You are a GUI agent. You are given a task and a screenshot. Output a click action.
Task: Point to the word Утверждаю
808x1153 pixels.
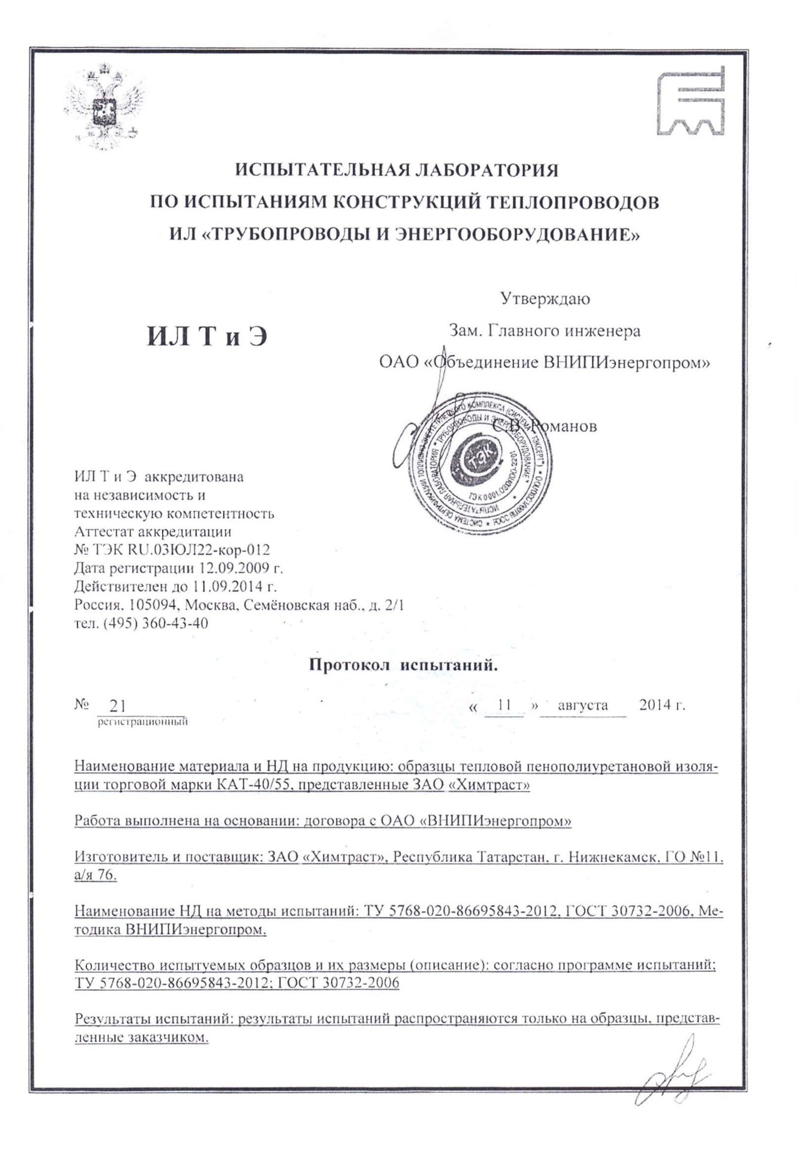pos(545,298)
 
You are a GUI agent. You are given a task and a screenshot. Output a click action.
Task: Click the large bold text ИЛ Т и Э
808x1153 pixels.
pos(207,336)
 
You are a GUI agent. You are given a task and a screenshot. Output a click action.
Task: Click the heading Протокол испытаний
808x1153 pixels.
pos(404,665)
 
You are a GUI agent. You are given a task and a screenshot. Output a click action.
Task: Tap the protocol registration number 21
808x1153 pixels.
pos(118,706)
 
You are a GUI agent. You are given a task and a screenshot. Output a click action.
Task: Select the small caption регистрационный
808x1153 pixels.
pos(143,722)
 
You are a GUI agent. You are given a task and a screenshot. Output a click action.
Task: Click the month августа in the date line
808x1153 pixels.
pos(582,705)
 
